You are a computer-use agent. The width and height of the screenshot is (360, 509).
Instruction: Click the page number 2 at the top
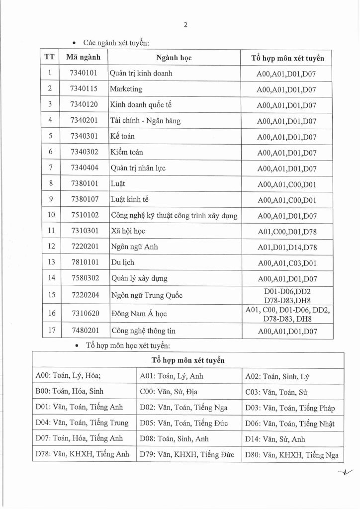pos(185,24)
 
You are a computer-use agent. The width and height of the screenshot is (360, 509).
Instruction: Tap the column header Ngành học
pos(174,58)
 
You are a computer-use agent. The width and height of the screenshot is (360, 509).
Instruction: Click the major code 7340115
pos(83,89)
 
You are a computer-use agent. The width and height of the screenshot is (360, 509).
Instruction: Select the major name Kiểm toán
pos(127,152)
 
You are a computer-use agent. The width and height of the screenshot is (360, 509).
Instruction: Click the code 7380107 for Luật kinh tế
pos(83,200)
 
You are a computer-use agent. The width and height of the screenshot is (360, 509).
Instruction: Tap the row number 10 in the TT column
pos(49,216)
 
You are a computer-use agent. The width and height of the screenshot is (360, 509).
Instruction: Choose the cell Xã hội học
pos(128,232)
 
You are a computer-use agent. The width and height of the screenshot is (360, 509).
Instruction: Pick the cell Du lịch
pos(122,263)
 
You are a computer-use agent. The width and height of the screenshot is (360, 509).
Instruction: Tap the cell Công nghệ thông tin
pos(144,331)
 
